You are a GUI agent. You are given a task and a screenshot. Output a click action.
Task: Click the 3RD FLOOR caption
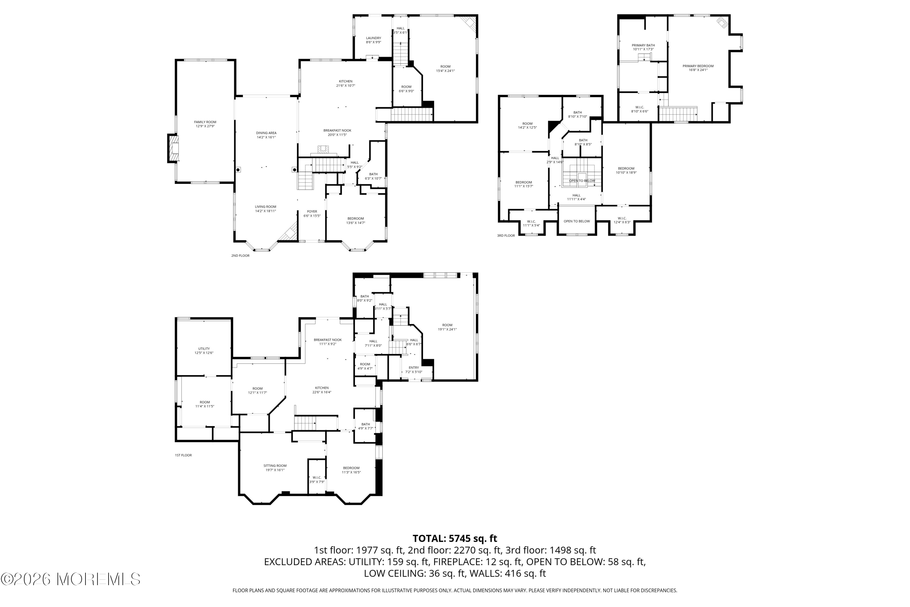[506, 236]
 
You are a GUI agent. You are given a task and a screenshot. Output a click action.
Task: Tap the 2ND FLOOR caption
[240, 256]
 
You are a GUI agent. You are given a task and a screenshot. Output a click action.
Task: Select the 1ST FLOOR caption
[184, 455]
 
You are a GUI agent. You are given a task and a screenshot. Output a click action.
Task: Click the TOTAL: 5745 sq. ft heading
[455, 538]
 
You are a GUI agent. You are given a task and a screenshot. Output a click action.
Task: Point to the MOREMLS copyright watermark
[70, 579]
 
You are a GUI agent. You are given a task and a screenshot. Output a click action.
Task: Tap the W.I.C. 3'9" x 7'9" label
[317, 480]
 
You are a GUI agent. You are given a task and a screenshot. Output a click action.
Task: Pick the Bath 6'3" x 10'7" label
[373, 176]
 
